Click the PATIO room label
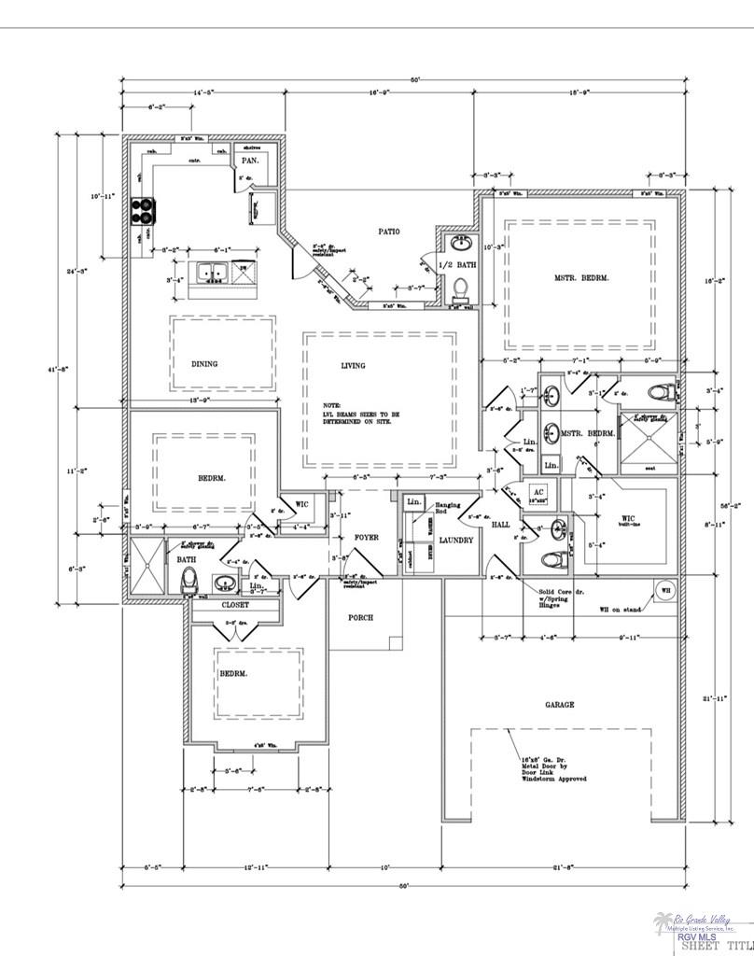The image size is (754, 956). [389, 231]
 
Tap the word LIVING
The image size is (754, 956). [353, 365]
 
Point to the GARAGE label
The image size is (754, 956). [560, 705]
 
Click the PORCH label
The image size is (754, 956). [361, 618]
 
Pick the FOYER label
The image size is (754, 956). [366, 538]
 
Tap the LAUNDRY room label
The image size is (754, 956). [455, 541]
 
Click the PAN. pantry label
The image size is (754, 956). [251, 161]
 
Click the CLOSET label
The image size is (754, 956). [235, 605]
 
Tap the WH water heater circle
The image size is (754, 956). [666, 590]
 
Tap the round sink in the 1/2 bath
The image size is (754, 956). [460, 245]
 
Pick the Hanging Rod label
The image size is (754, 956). [442, 508]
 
